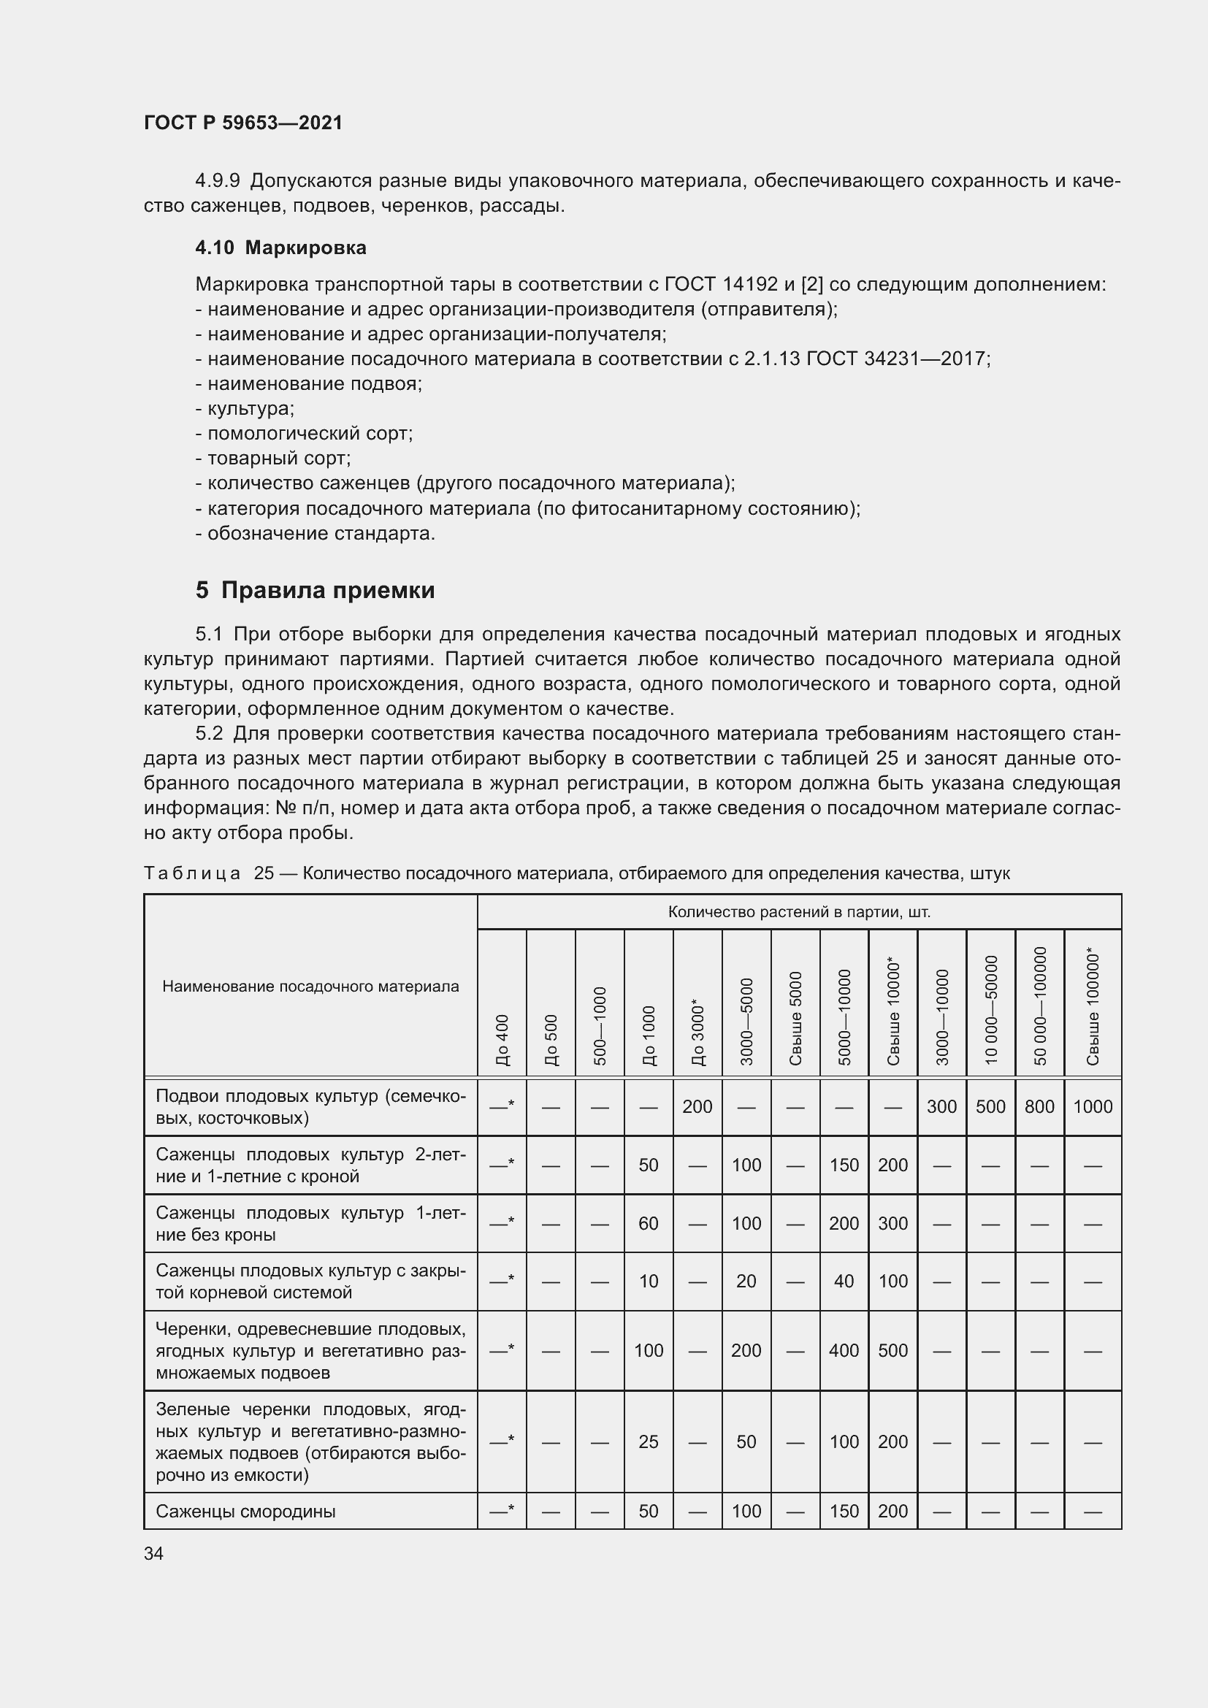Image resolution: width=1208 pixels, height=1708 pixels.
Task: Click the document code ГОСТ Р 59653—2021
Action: [x=242, y=123]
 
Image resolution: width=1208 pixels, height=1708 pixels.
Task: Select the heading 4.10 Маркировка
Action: [x=280, y=248]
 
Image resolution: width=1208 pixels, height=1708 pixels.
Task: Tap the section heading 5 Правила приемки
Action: [x=315, y=591]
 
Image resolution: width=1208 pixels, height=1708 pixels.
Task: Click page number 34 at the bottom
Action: [x=153, y=1553]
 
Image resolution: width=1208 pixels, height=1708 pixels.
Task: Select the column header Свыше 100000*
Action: [x=1092, y=1006]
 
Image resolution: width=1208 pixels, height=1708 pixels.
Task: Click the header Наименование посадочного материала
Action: [x=310, y=987]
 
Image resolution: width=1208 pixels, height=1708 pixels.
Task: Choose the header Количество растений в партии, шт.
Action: [x=799, y=912]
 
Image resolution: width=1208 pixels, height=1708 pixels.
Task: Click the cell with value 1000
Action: [x=1092, y=1107]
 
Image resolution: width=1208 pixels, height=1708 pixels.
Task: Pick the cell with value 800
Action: [x=1039, y=1107]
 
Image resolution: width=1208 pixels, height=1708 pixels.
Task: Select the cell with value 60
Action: [x=648, y=1224]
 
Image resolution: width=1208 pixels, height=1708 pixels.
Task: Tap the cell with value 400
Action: [x=844, y=1351]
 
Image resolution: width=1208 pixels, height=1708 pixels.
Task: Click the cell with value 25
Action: [x=648, y=1442]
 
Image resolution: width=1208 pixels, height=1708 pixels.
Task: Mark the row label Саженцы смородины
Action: [x=245, y=1512]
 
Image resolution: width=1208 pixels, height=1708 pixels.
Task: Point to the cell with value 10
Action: [x=648, y=1281]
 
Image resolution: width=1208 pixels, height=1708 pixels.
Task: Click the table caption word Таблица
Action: [x=192, y=873]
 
